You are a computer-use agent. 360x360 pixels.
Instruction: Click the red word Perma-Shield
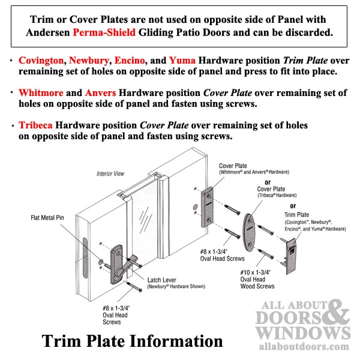[104, 32]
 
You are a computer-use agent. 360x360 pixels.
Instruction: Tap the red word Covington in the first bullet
[41, 61]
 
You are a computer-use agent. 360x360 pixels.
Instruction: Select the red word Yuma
[182, 61]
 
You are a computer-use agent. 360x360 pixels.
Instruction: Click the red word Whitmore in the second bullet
[41, 93]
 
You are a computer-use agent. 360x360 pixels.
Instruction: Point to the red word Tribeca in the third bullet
[35, 125]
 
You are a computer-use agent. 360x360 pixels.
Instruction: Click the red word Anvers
[100, 93]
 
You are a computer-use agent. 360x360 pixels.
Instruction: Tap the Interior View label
[110, 173]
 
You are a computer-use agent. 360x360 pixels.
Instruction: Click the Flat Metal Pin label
[47, 218]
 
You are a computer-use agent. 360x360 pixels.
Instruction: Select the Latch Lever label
[161, 280]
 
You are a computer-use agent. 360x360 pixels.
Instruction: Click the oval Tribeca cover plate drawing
[249, 232]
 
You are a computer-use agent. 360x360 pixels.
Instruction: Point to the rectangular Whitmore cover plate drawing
[208, 207]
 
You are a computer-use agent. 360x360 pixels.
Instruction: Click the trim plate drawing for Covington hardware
[290, 256]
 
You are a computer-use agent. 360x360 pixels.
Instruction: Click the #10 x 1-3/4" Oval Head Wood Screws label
[257, 280]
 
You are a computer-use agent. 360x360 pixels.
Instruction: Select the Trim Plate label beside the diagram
[296, 215]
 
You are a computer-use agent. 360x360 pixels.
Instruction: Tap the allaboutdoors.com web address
[304, 346]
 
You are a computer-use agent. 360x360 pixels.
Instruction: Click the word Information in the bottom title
[176, 341]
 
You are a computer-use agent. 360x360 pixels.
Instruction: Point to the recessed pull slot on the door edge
[85, 258]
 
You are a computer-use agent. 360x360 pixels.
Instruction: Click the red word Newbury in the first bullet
[89, 61]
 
